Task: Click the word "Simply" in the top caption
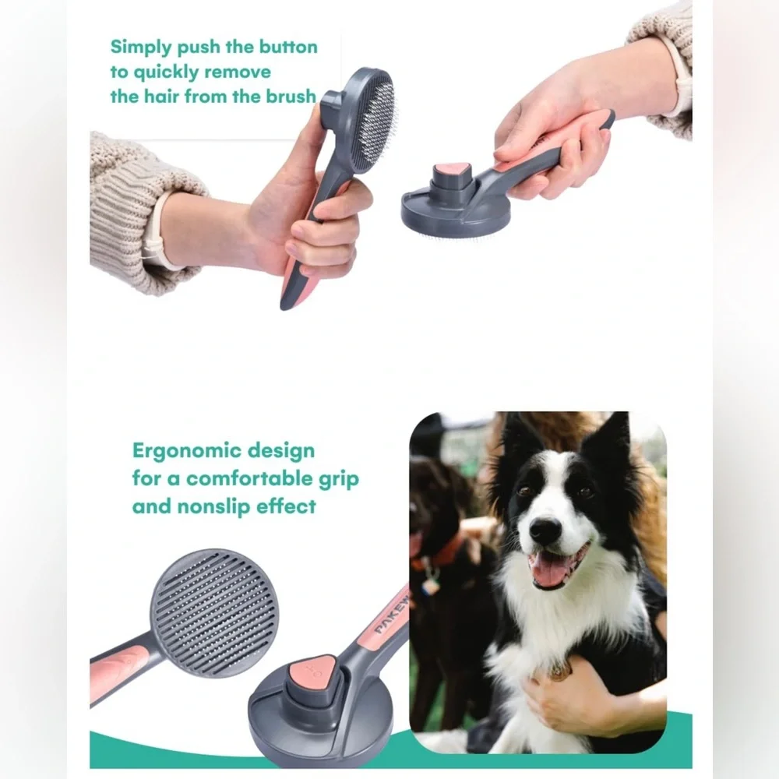tap(141, 48)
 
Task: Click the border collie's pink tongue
tap(552, 570)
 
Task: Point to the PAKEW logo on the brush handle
tap(392, 615)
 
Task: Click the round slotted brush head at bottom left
tap(213, 612)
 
